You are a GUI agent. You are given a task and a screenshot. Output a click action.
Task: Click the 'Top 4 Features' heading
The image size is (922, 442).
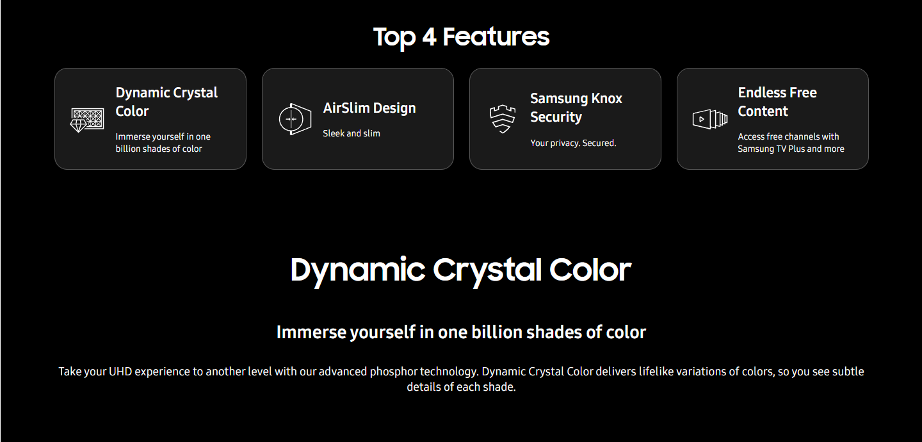point(461,37)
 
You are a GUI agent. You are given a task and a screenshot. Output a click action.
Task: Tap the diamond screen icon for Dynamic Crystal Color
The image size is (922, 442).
point(87,120)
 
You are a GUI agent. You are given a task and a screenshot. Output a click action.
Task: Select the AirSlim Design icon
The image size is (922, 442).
point(295,119)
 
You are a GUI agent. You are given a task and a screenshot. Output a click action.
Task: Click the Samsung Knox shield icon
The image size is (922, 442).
point(502,119)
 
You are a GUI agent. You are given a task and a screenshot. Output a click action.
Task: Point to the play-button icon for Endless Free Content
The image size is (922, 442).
point(709,119)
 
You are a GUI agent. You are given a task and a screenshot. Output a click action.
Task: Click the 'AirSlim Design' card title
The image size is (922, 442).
point(369,108)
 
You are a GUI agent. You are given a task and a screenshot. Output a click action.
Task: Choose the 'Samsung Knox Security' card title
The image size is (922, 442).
point(576,108)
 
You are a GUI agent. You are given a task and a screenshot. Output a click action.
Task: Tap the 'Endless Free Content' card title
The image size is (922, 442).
point(777,102)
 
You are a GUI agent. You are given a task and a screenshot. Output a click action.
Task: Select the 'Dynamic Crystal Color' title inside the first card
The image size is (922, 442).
point(166,102)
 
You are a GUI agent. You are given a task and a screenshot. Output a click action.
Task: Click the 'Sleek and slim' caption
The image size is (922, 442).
point(351,133)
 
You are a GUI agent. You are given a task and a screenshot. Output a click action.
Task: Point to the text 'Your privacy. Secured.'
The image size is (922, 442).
point(573,143)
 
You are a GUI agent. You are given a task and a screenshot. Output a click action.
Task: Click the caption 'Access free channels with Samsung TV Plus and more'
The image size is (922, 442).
point(791,142)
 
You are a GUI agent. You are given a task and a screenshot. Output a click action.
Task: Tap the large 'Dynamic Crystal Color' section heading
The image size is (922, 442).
point(461,270)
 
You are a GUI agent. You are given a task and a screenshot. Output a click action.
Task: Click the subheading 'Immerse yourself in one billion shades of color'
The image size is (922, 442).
point(461,332)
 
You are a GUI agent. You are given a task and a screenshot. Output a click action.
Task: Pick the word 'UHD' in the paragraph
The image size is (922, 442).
point(120,372)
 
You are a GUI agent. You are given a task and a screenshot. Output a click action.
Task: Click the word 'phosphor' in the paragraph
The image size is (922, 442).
point(393,372)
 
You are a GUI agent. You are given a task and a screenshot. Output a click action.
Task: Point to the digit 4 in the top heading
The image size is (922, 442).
point(429,37)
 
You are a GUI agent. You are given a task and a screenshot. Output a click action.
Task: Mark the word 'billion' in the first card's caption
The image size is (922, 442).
point(128,149)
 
